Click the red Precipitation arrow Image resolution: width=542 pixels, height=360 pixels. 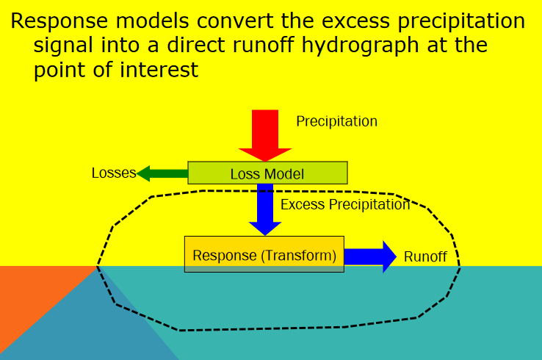point(265,136)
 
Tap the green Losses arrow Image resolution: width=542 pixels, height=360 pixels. point(162,173)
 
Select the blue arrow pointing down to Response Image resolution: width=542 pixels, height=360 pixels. point(265,209)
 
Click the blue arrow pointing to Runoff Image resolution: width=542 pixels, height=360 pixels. point(370,256)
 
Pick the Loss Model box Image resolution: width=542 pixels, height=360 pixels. point(267,173)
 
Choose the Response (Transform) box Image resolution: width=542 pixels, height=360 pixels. point(264,254)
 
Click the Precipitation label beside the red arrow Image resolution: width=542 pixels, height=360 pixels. point(336,121)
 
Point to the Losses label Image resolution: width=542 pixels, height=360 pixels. point(114,173)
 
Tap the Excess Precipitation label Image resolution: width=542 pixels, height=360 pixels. point(345,204)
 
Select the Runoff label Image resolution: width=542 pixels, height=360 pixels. point(425,257)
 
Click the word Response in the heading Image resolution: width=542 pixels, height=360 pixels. point(59,21)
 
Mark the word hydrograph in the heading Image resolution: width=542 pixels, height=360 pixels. point(360,46)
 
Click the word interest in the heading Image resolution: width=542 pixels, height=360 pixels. point(159,70)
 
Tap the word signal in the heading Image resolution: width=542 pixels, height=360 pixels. point(63,46)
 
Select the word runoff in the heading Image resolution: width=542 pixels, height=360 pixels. point(264,45)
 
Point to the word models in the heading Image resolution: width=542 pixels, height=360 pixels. point(152,21)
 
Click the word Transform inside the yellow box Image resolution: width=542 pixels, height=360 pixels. point(299,256)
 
